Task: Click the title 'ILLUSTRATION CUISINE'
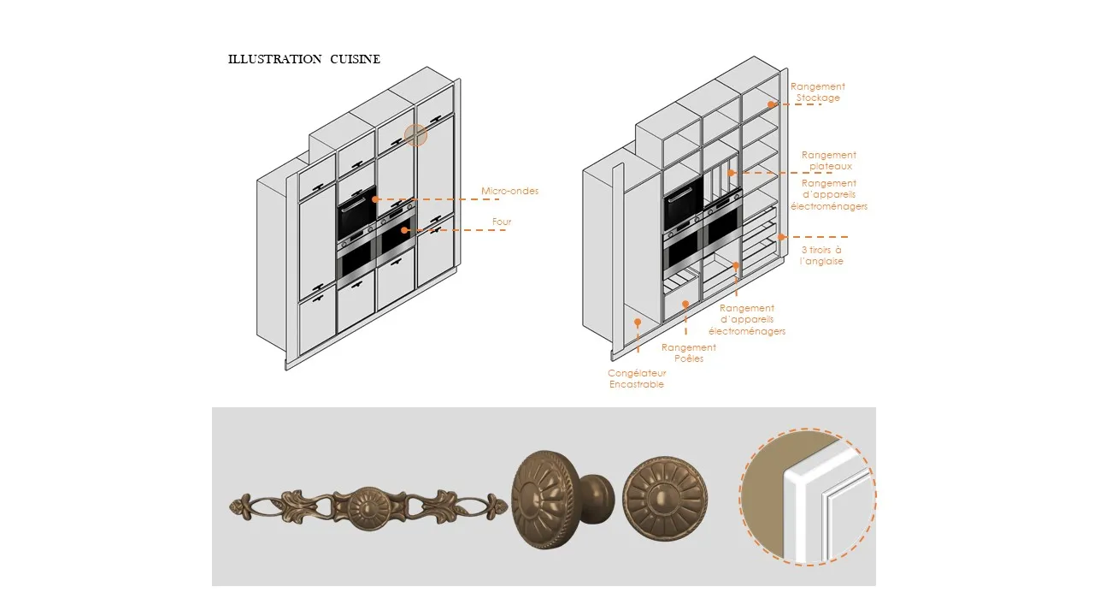point(303,59)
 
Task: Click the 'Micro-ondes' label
point(510,191)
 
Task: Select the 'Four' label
point(502,222)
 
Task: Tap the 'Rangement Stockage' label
point(818,92)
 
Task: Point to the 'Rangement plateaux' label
point(829,161)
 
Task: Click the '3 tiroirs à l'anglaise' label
point(821,255)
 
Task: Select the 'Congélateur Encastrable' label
point(637,379)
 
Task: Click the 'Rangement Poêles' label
point(689,352)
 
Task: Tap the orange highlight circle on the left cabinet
point(415,135)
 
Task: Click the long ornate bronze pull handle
point(368,506)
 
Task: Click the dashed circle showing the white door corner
point(808,496)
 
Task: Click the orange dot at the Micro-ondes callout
point(375,198)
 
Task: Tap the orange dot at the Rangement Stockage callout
point(771,104)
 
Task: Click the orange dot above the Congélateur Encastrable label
point(638,322)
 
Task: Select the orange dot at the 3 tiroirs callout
point(781,237)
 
